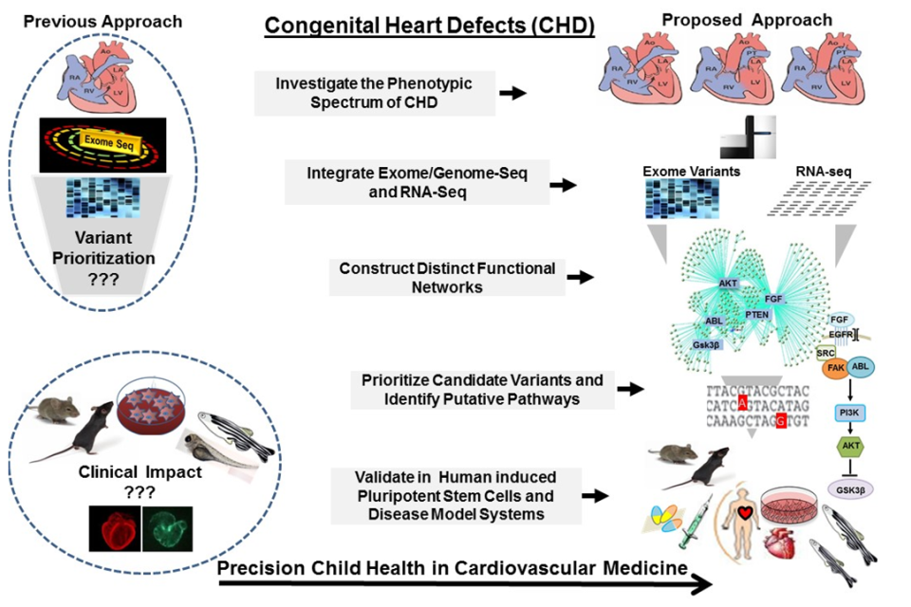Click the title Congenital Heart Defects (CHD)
click(429, 26)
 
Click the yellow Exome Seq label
click(103, 142)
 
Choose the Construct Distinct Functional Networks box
click(447, 278)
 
